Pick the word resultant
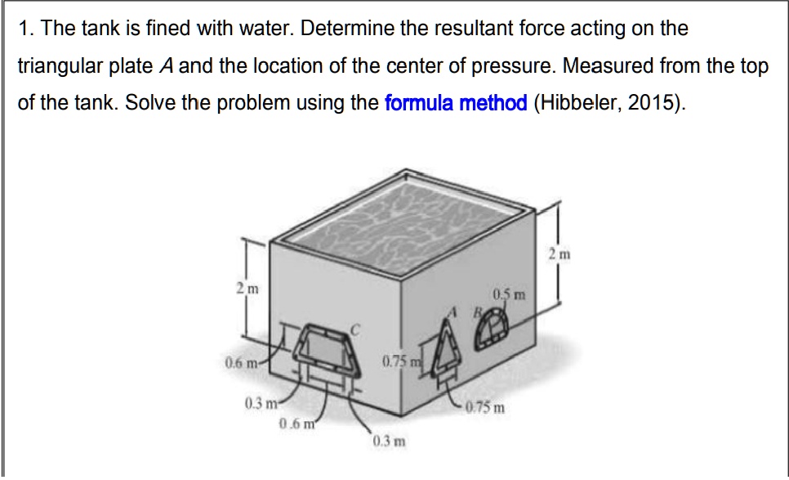point(462,29)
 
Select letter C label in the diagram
point(354,328)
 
